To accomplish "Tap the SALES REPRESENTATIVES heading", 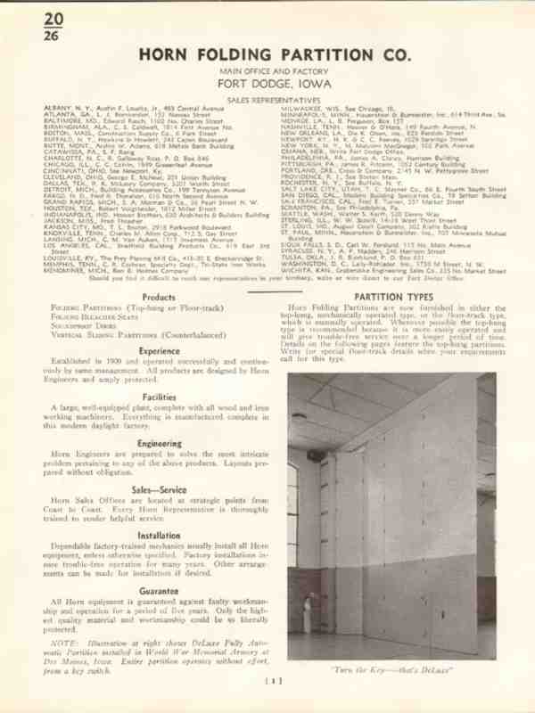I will pyautogui.click(x=267, y=100).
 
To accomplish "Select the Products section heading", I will pyautogui.click(x=158, y=296).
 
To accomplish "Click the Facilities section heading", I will pyautogui.click(x=158, y=398).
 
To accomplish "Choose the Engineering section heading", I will pyautogui.click(x=158, y=442).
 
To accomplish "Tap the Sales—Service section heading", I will pyautogui.click(x=158, y=490).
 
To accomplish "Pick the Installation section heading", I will pyautogui.click(x=158, y=537).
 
